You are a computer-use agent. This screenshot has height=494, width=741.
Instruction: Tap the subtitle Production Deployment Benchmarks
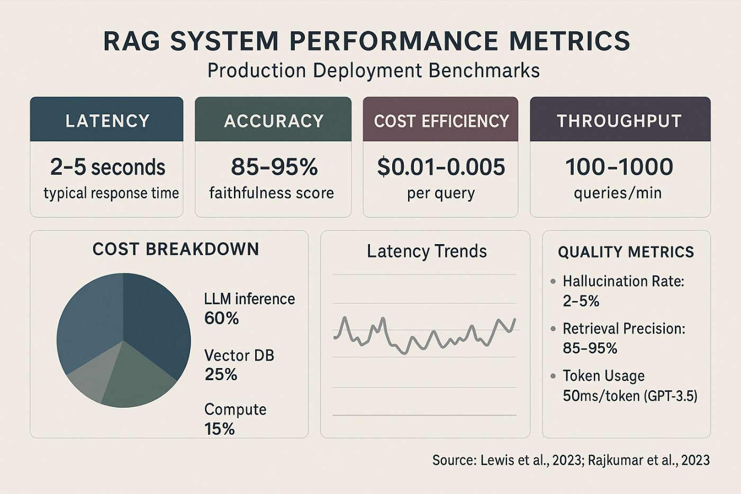point(373,70)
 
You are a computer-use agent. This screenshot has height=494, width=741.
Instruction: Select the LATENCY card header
point(107,121)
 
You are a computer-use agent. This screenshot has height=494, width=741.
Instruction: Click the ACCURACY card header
point(274,121)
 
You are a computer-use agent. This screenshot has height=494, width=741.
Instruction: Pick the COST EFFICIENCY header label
point(441,121)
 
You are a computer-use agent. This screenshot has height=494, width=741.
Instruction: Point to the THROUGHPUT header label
point(619,121)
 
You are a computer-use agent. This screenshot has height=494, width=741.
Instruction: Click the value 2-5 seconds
point(107,167)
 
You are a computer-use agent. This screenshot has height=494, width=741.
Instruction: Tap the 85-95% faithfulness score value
point(274,167)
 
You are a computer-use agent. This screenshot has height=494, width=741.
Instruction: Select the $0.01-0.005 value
point(441,167)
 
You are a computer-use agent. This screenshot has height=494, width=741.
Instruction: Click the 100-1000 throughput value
point(619,167)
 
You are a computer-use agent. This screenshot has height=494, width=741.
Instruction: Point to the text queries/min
point(618,193)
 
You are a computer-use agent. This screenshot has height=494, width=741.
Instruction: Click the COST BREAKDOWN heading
point(176,249)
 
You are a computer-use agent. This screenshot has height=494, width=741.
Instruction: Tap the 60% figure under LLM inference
point(221,318)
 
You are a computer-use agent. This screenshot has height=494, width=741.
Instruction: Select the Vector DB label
point(239,355)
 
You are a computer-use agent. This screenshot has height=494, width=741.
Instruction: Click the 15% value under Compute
point(219,428)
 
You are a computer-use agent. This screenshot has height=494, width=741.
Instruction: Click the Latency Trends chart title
point(427,251)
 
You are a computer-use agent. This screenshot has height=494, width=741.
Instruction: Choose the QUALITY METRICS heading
point(626,252)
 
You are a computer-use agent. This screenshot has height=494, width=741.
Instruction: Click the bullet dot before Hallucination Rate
point(553,281)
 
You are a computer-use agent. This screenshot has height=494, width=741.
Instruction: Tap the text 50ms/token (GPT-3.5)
point(630,396)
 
